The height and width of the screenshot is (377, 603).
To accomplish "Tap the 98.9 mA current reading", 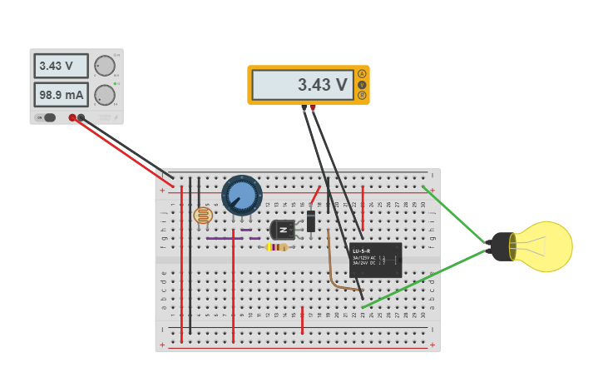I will click(62, 95).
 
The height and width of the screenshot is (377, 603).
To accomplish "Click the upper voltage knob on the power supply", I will click(105, 66).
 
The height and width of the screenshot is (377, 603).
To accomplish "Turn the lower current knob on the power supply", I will click(105, 95).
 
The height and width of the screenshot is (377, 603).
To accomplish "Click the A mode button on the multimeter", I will click(362, 74).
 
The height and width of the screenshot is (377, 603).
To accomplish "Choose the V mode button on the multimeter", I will click(362, 85).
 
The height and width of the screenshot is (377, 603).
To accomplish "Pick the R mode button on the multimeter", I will click(362, 95).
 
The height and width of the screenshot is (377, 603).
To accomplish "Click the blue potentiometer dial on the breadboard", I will click(241, 196).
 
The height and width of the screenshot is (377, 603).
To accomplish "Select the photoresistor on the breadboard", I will click(202, 216).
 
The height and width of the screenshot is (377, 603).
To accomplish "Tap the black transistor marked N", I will click(283, 229).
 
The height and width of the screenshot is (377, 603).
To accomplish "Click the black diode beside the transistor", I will click(311, 221).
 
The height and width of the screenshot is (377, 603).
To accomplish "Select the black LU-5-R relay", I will click(376, 260).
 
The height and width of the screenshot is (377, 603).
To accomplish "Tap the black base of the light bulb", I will click(500, 246).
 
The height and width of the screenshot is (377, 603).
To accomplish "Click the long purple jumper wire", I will click(225, 239).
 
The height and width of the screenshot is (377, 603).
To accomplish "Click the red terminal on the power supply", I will click(72, 117).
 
